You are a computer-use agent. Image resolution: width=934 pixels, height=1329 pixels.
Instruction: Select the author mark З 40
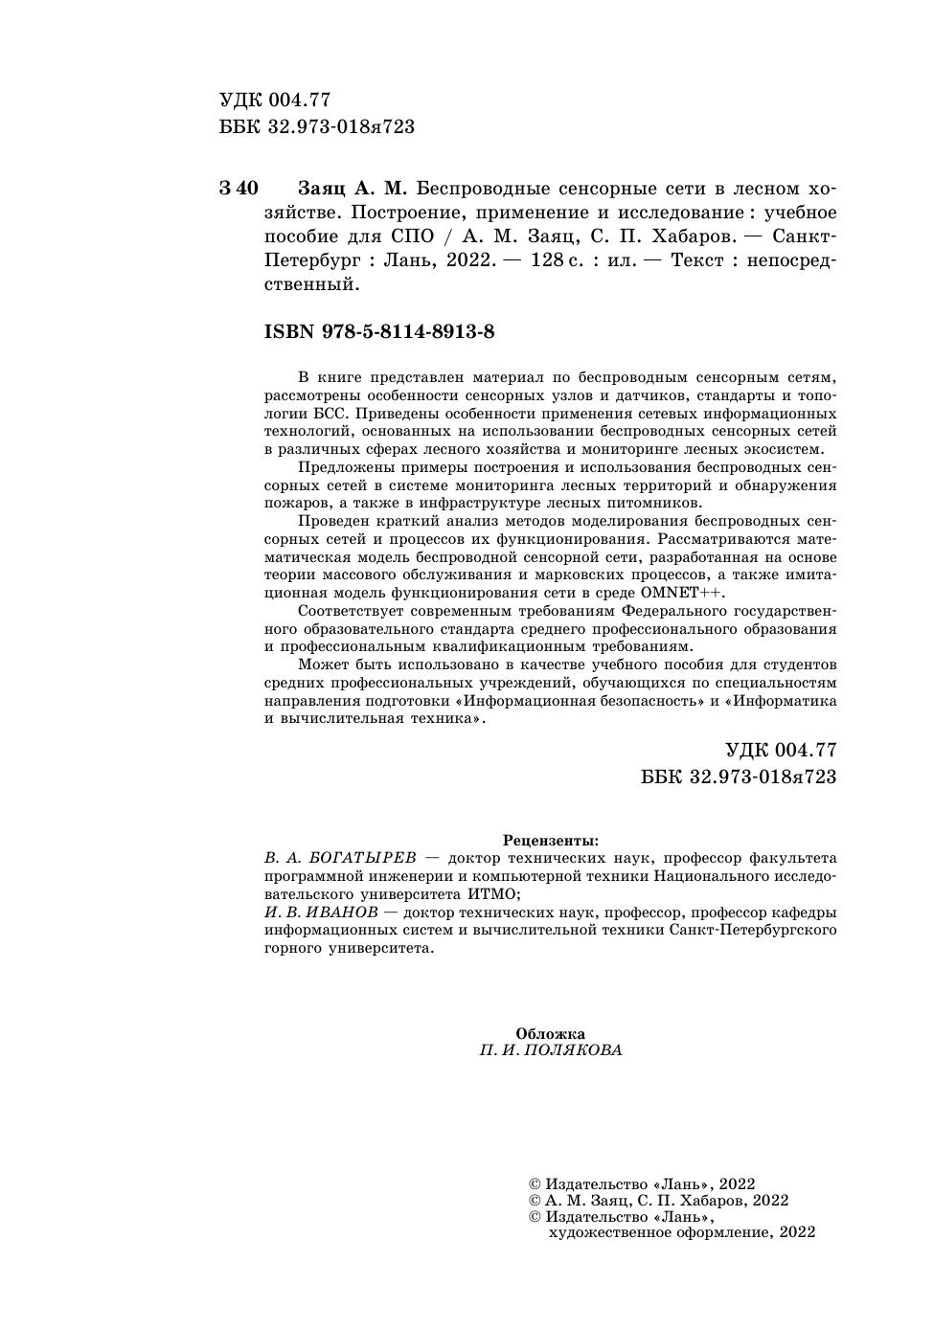[x=239, y=188]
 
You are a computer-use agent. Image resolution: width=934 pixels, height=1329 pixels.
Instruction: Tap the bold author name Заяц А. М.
[x=353, y=188]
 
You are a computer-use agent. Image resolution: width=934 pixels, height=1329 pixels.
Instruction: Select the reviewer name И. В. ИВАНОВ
[x=320, y=912]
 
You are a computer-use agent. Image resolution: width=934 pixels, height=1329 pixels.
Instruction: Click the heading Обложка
[x=551, y=1033]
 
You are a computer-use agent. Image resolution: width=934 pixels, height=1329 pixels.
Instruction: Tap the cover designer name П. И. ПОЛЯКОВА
[x=551, y=1050]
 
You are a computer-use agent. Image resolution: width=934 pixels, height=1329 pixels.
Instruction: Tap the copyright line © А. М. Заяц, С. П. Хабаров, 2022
[x=659, y=1200]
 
